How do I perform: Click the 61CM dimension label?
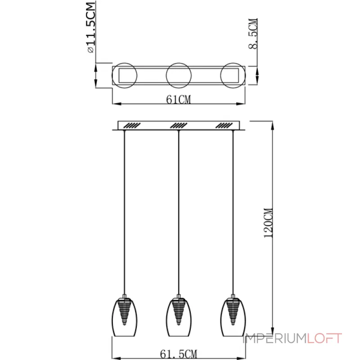coord(178,99)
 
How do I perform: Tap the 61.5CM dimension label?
coord(178,354)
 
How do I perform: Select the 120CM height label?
coord(268,223)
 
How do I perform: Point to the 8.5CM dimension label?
coord(253,33)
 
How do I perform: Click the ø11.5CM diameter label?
coord(91,27)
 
